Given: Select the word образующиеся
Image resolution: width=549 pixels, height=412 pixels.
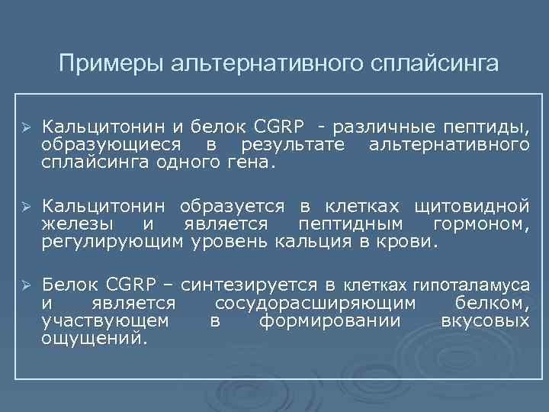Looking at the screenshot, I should pyautogui.click(x=112, y=144).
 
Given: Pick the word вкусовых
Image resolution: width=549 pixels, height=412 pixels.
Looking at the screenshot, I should pyautogui.click(x=485, y=320).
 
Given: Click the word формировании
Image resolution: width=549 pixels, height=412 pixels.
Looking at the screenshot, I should pyautogui.click(x=329, y=320).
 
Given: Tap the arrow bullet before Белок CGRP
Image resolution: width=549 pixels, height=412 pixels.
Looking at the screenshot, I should pyautogui.click(x=25, y=285).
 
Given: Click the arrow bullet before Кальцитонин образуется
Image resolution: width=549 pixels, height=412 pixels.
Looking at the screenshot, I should pyautogui.click(x=25, y=206).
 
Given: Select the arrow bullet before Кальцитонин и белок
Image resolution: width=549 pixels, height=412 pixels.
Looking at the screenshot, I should pyautogui.click(x=25, y=126).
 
